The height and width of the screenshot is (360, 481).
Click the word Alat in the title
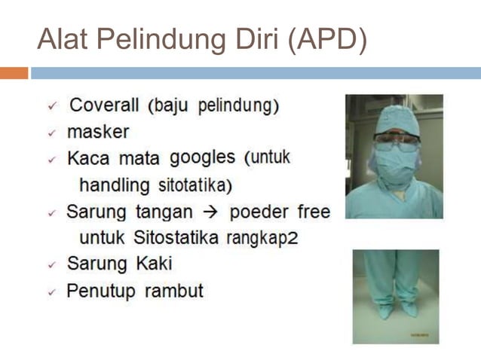tap(61, 39)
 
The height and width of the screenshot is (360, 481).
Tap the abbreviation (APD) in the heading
tap(328, 40)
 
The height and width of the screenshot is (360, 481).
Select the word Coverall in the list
tap(105, 105)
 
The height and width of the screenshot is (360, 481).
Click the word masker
tap(98, 132)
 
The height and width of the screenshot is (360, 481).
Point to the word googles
tap(203, 158)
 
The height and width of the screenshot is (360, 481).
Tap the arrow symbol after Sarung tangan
tap(211, 212)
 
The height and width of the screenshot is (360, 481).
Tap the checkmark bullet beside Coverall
tap(52, 106)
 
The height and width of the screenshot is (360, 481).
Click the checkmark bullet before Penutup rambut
tap(52, 291)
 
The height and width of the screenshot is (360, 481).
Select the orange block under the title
tap(14, 73)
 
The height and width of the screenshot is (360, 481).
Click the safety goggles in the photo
tap(397, 139)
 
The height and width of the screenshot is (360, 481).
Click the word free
tap(314, 212)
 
